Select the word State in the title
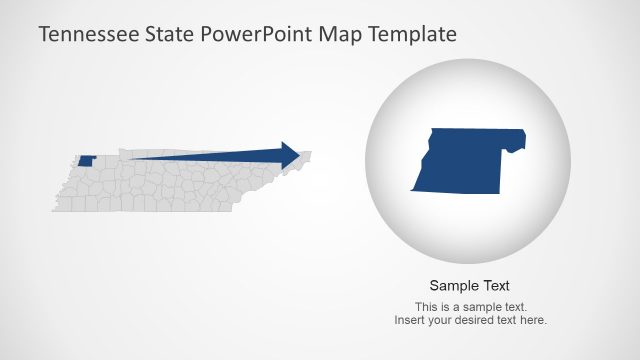[170, 34]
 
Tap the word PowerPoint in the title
[258, 34]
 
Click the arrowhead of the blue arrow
[290, 155]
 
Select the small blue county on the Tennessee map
[87, 160]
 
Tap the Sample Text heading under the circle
[470, 285]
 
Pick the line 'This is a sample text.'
[470, 307]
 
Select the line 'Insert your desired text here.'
[470, 320]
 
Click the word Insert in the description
[408, 320]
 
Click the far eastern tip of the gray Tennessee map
[310, 153]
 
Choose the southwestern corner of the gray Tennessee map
[54, 209]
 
